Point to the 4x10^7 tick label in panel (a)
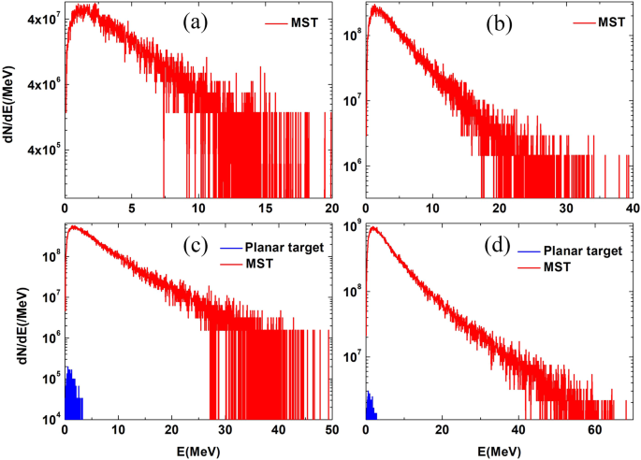coord(37,18)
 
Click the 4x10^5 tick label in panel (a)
coord(37,150)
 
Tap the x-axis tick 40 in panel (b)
coord(633,208)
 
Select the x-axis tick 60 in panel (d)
coord(593,429)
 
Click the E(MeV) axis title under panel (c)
coord(197,449)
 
